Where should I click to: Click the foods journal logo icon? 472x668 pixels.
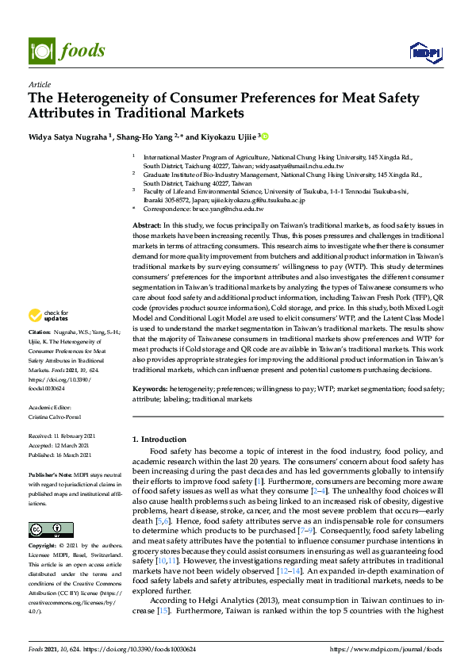[40, 51]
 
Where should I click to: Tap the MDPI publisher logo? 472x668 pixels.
[425, 52]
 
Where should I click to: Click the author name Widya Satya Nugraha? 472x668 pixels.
[66, 137]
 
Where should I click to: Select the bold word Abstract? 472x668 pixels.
[147, 226]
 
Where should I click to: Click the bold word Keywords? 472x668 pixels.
[149, 390]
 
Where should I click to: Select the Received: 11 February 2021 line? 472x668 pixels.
[63, 436]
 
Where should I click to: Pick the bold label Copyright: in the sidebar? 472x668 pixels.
[43, 524]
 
